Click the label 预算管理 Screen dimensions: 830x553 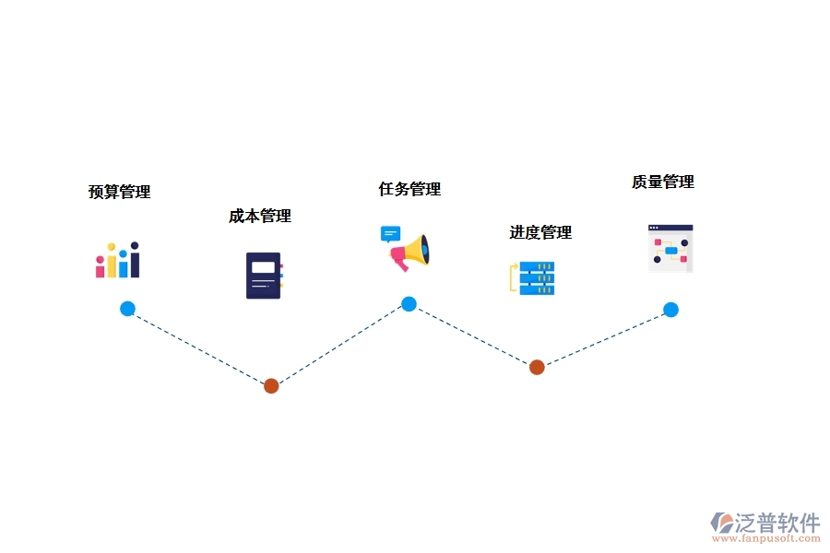tap(120, 192)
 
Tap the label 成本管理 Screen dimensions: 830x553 tap(260, 216)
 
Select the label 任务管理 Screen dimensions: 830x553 tap(409, 189)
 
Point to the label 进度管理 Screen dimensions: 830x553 tap(540, 232)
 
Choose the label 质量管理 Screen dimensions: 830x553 tap(663, 182)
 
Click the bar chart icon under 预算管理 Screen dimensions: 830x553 tap(117, 260)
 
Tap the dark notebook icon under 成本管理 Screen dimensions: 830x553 tap(264, 276)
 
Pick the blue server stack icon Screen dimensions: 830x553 tap(537, 278)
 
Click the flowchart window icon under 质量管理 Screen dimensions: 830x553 tap(670, 249)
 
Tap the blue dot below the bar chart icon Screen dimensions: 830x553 tap(127, 309)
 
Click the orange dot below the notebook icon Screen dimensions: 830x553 tap(271, 386)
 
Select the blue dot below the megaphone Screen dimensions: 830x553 tap(409, 304)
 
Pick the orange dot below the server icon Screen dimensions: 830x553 tap(537, 367)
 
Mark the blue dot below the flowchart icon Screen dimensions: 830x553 tap(670, 310)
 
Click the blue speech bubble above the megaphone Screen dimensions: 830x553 tap(391, 234)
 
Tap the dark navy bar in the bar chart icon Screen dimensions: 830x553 tap(135, 260)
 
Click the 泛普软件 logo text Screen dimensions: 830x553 tap(777, 523)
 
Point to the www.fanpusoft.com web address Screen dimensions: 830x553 tap(766, 538)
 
